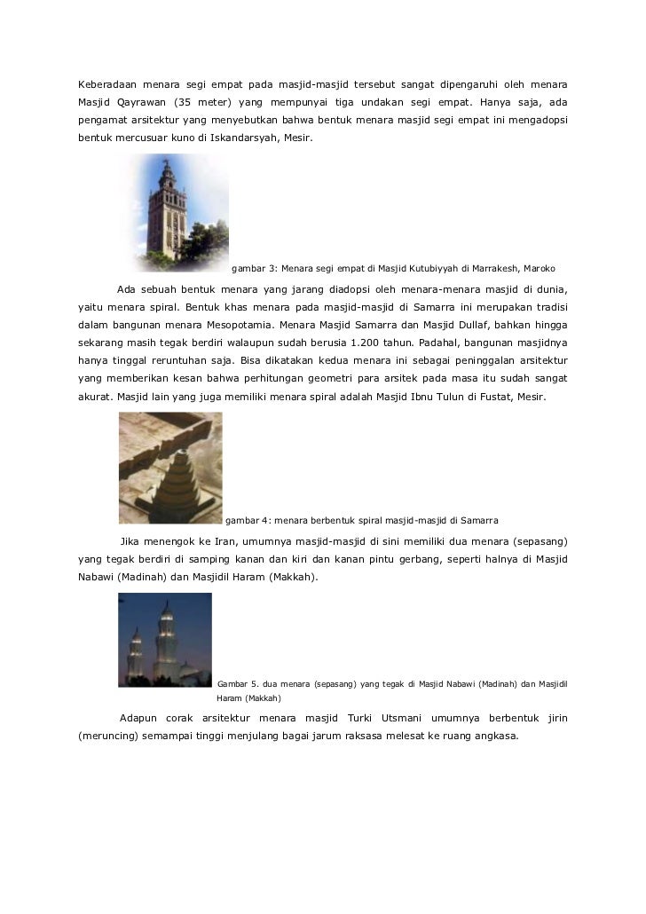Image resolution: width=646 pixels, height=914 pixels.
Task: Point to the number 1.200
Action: pyautogui.click(x=372, y=342)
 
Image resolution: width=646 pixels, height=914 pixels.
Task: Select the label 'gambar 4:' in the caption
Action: pyautogui.click(x=248, y=519)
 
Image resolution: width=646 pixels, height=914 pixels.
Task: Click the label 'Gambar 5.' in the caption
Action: pyautogui.click(x=240, y=683)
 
